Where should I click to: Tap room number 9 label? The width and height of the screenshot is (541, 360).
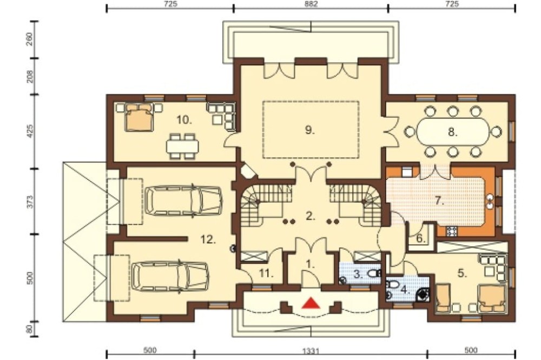click(x=310, y=130)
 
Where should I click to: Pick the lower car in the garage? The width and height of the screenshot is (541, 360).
click(x=170, y=276)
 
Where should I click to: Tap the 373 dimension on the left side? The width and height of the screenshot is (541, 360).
click(x=30, y=202)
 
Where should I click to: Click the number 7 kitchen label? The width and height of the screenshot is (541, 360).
click(x=439, y=201)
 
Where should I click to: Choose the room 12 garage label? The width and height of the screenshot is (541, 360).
click(x=208, y=239)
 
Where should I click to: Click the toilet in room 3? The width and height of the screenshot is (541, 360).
click(x=374, y=274)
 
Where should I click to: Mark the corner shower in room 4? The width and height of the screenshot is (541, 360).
click(x=423, y=294)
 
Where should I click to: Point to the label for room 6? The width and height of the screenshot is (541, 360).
click(x=420, y=238)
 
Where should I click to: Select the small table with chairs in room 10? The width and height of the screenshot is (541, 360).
click(x=182, y=146)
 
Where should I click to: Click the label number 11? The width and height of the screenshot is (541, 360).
click(x=266, y=274)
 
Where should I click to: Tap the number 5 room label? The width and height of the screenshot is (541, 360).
click(x=462, y=274)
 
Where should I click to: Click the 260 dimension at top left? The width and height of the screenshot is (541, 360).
click(x=30, y=39)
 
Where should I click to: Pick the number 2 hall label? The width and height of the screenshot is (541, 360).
click(x=310, y=216)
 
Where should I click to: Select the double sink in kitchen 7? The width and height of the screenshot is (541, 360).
click(x=490, y=202)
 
